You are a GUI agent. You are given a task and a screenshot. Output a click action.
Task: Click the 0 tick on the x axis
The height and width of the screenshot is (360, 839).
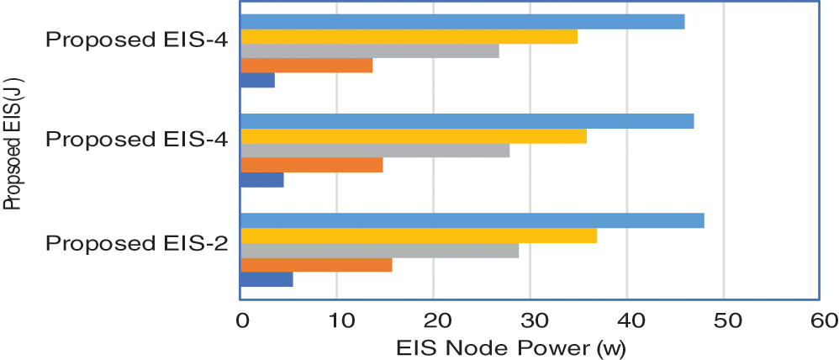[241, 320]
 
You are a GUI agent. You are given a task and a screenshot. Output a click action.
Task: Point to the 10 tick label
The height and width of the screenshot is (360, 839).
[336, 320]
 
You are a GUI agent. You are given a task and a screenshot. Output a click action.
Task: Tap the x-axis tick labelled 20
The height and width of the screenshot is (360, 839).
[433, 320]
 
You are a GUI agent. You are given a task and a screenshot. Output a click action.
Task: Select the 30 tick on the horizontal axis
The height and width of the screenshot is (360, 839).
[530, 320]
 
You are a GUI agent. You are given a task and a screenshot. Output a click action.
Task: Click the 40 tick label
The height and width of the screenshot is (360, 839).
[626, 320]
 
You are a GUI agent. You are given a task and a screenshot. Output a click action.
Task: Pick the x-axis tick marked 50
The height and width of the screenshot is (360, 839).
[723, 320]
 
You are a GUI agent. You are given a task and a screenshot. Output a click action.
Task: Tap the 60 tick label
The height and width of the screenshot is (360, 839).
[820, 320]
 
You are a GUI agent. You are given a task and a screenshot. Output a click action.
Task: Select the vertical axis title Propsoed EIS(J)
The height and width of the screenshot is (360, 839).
[12, 143]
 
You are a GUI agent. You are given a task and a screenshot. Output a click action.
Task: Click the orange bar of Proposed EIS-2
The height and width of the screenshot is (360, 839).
[316, 265]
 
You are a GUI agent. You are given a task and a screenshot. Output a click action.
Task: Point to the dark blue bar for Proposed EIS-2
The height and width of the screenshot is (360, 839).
[266, 280]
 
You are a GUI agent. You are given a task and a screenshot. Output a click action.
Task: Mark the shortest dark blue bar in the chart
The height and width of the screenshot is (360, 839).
[258, 81]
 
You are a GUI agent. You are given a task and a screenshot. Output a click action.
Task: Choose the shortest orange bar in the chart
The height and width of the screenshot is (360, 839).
[307, 66]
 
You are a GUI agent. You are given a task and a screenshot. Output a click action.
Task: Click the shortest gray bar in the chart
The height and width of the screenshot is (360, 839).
[370, 51]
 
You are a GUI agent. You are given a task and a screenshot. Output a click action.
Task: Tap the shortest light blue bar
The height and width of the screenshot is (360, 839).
[462, 22]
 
